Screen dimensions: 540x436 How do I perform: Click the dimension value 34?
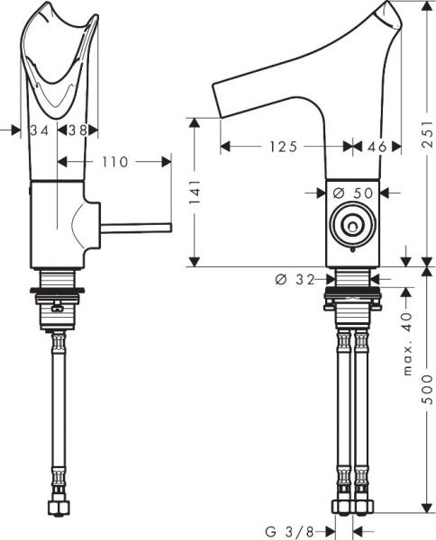39,130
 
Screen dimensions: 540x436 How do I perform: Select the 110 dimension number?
114,162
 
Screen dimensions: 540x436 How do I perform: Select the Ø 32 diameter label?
294,280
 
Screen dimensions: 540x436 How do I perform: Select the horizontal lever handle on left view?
135,228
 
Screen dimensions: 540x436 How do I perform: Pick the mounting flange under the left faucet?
59,291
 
